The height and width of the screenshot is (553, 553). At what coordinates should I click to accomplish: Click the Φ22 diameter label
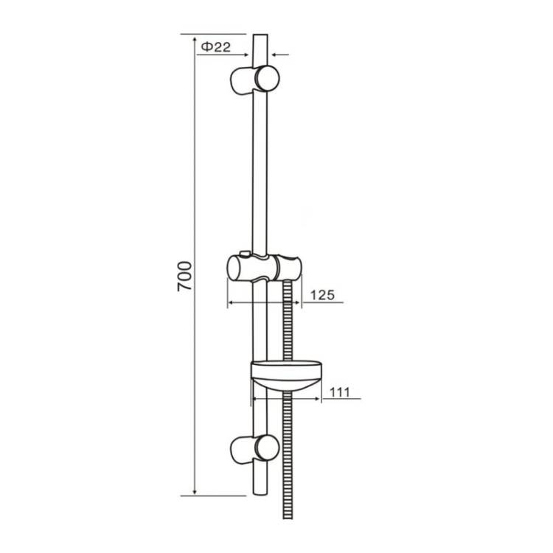(215, 46)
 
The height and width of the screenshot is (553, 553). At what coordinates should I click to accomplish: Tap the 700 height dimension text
(184, 276)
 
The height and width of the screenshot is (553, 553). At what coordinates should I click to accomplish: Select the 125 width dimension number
(322, 294)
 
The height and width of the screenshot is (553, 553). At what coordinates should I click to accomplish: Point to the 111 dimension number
(339, 392)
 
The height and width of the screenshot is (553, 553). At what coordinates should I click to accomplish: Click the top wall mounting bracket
(254, 80)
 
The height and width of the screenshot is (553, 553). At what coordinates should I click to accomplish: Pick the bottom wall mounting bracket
(254, 449)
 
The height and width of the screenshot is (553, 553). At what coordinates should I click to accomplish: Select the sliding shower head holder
(264, 268)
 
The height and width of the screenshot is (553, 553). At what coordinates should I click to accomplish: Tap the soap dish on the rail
(286, 375)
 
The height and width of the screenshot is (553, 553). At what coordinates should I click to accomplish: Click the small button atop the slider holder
(244, 254)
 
